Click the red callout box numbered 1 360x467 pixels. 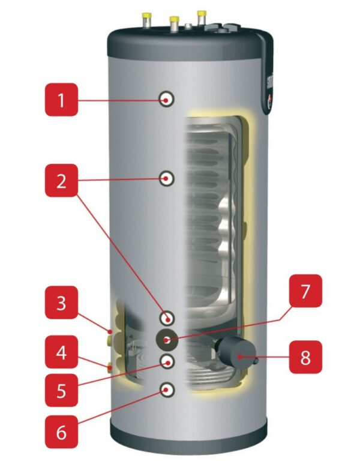[61, 100]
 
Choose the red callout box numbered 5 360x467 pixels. [61, 391]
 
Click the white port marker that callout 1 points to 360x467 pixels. [167, 99]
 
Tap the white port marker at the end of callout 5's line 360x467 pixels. [167, 360]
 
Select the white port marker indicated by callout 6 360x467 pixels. [167, 390]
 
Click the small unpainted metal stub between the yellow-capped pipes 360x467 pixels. [187, 26]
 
